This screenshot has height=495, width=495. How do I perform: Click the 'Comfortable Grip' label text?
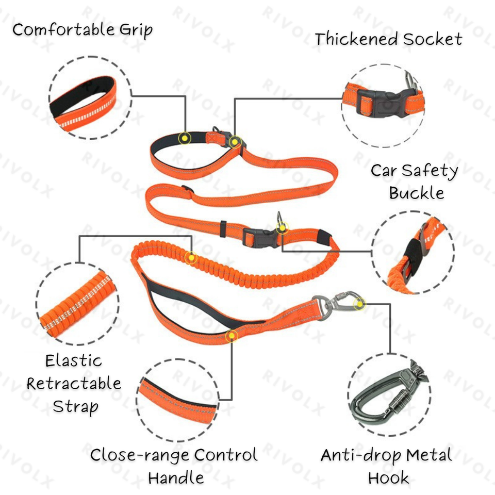pos(82,29)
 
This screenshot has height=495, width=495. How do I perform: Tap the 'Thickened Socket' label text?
pos(388,39)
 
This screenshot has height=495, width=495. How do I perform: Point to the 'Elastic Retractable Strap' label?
pos(74,383)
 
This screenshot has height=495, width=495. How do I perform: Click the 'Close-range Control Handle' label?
pos(174,466)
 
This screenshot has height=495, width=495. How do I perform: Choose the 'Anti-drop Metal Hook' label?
pos(387,466)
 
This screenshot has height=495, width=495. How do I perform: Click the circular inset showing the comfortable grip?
pos(84,98)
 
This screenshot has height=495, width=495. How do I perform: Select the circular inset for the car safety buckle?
pos(412,252)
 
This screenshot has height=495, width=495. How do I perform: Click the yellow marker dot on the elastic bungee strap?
pos(191,257)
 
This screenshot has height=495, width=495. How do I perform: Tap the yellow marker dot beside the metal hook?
pos(359,304)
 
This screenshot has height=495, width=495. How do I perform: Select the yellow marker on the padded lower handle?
pos(232,337)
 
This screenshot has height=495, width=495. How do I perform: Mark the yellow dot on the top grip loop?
pos(184,138)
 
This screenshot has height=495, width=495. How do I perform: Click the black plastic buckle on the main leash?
pos(254,237)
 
